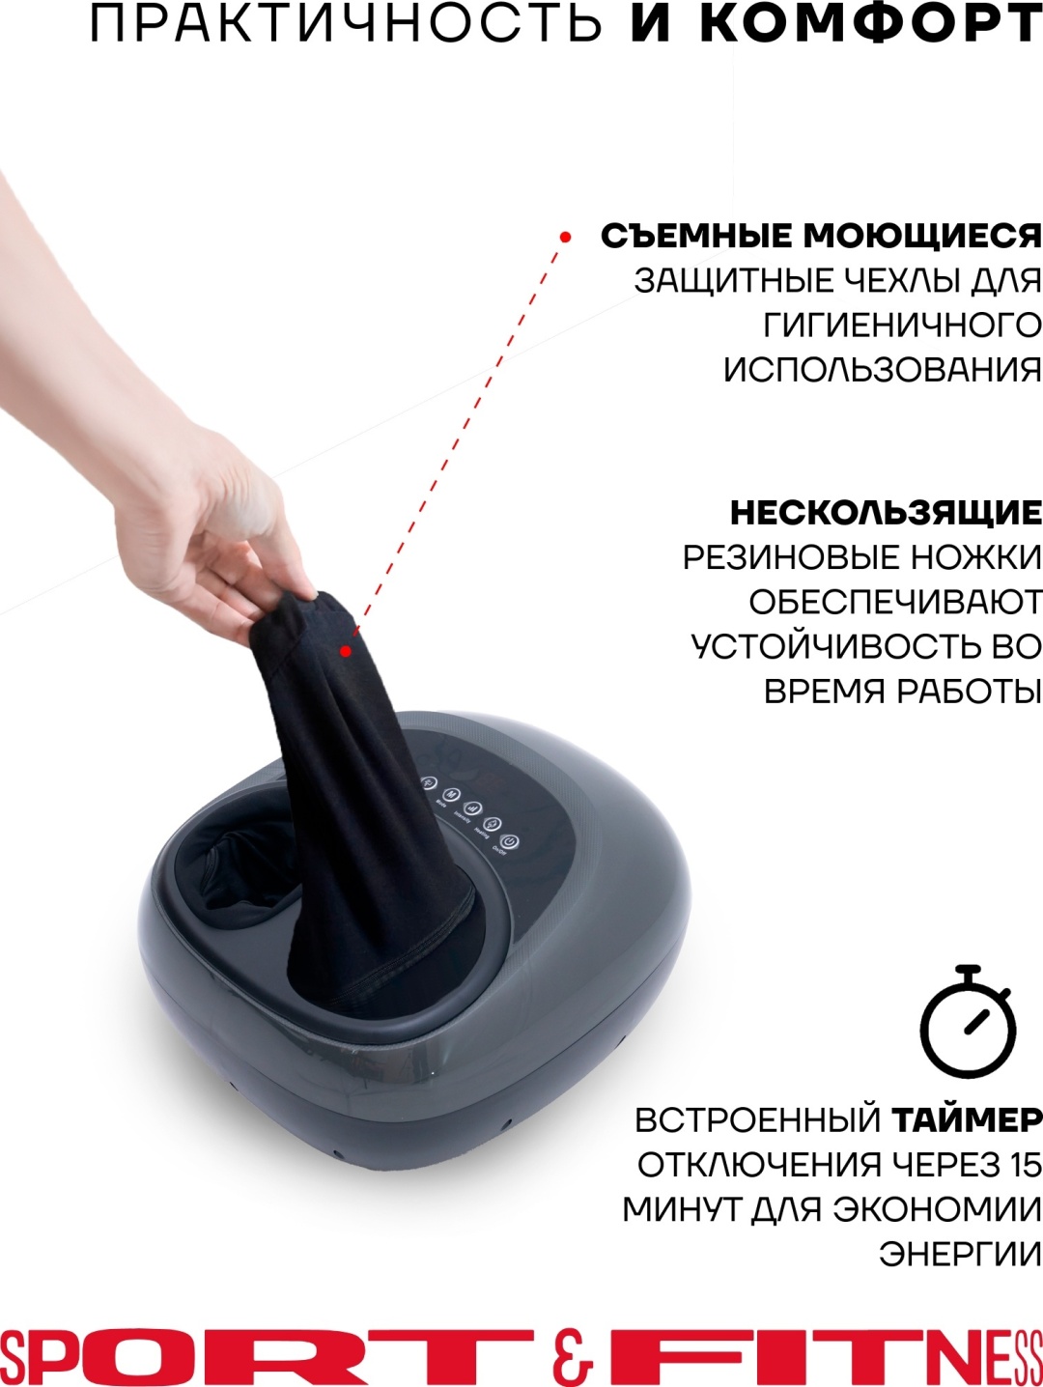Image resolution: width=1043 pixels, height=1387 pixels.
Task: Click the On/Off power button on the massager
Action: [510, 842]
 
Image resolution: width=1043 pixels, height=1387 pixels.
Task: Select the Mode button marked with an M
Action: [451, 795]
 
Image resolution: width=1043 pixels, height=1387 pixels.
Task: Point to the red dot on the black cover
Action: [345, 651]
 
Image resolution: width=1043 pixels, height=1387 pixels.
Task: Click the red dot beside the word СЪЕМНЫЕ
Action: [565, 238]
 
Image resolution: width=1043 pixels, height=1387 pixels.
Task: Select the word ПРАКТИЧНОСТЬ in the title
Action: [346, 26]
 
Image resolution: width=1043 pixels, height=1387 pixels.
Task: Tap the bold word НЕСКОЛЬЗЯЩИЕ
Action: [885, 514]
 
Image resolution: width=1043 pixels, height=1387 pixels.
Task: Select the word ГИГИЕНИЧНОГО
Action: [901, 326]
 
